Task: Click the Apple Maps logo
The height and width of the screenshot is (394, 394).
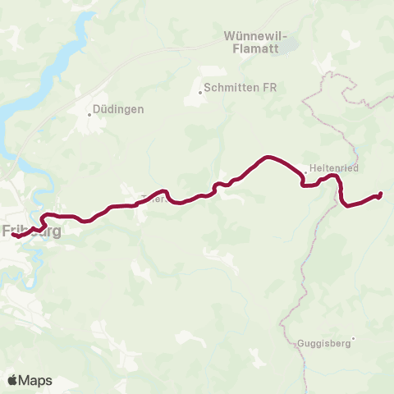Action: coord(30,380)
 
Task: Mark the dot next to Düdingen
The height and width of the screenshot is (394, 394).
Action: coord(90,114)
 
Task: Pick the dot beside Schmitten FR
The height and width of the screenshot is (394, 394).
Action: coord(200,92)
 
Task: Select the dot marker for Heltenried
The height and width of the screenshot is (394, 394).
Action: coord(305,172)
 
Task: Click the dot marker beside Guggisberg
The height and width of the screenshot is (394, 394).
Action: coord(354,338)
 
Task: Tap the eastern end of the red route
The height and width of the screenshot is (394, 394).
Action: coord(381,194)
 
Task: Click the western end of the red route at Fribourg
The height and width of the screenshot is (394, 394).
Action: coord(13,236)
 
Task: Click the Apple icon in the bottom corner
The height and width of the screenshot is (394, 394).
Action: coord(12,379)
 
